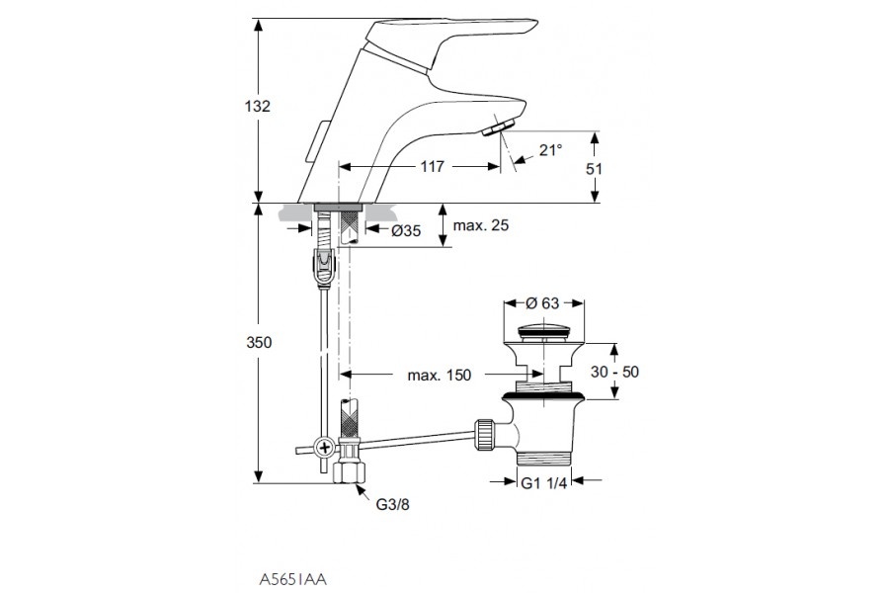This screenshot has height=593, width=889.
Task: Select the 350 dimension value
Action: coord(259,342)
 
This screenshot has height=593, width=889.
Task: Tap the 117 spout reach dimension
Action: coord(432,168)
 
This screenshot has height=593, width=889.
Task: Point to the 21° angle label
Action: coord(550,150)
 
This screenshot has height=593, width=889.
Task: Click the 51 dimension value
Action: coord(595,168)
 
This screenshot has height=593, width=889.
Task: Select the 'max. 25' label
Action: coord(481,226)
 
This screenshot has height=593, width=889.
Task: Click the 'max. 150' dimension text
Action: coord(440,375)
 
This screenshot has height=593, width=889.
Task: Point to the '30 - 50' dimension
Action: coord(615,372)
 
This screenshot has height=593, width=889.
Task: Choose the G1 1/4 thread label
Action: coord(544,482)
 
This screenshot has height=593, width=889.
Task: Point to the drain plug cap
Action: coord(542,330)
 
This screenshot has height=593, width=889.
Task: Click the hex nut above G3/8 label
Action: coord(349,472)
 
